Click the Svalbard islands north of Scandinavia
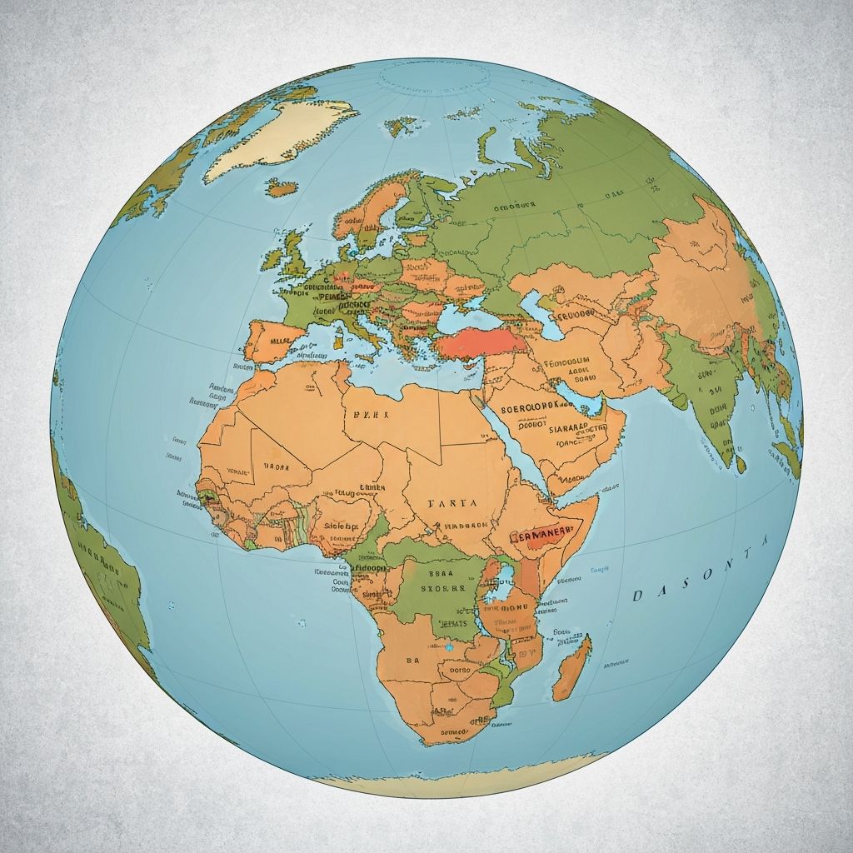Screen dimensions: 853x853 point(402,125)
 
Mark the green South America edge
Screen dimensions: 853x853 point(100,566)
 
